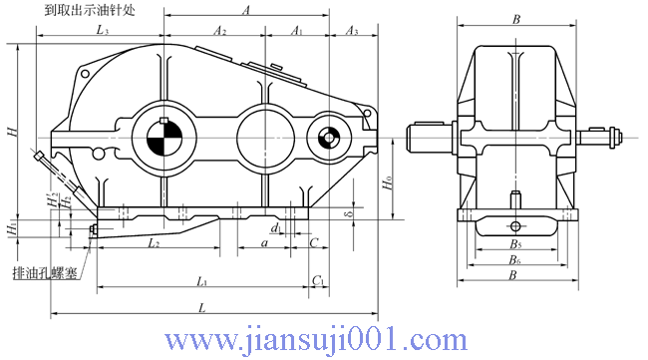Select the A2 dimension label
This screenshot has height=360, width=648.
tap(220, 32)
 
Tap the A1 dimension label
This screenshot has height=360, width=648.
tap(296, 32)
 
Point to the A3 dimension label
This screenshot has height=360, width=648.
tap(351, 32)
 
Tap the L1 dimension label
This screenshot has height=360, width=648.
tap(202, 281)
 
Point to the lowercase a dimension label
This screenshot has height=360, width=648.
tap(263, 242)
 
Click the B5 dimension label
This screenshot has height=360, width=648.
tap(514, 244)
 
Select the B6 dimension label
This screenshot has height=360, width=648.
tap(514, 259)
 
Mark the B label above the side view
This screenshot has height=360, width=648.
tap(515, 18)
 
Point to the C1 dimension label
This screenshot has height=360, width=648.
tap(317, 281)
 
